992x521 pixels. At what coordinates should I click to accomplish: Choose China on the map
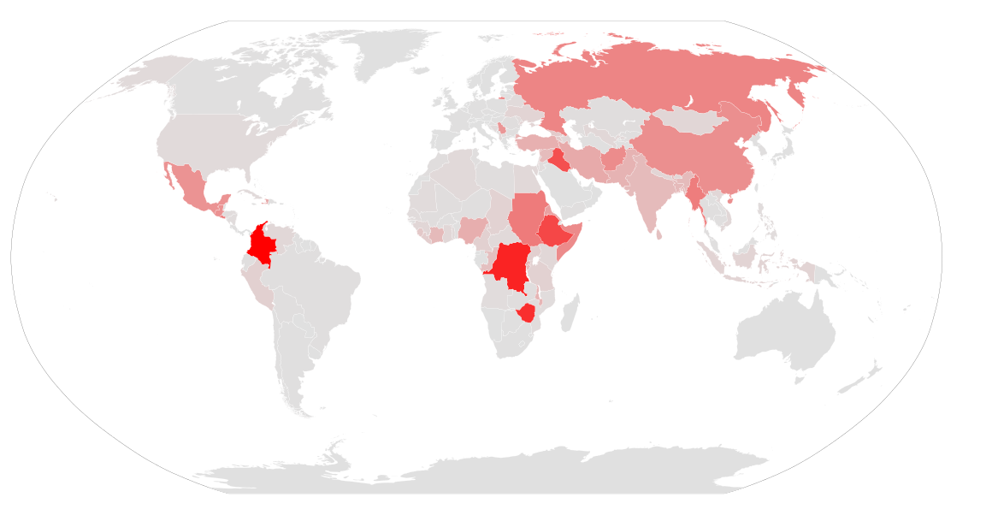(701, 154)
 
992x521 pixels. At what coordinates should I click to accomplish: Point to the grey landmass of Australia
(782, 334)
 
